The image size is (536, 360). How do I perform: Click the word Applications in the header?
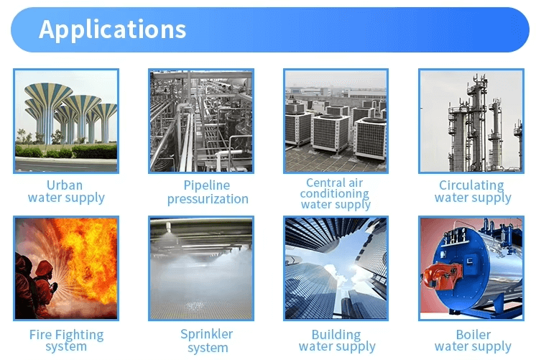113,29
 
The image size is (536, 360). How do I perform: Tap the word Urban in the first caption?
65,185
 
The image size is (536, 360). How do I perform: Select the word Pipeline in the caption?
206,185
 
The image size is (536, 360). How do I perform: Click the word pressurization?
208,199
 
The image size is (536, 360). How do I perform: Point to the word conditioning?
335,193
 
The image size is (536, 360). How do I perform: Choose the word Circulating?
471,185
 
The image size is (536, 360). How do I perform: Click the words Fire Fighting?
66,335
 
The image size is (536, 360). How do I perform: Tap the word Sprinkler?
206,334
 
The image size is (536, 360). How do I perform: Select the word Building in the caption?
336,334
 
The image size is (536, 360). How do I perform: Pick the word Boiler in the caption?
473,334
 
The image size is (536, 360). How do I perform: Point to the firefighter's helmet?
44,268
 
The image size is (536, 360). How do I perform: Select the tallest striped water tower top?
49,92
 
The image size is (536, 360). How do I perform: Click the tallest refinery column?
477,123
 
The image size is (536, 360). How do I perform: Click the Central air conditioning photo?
336,121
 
